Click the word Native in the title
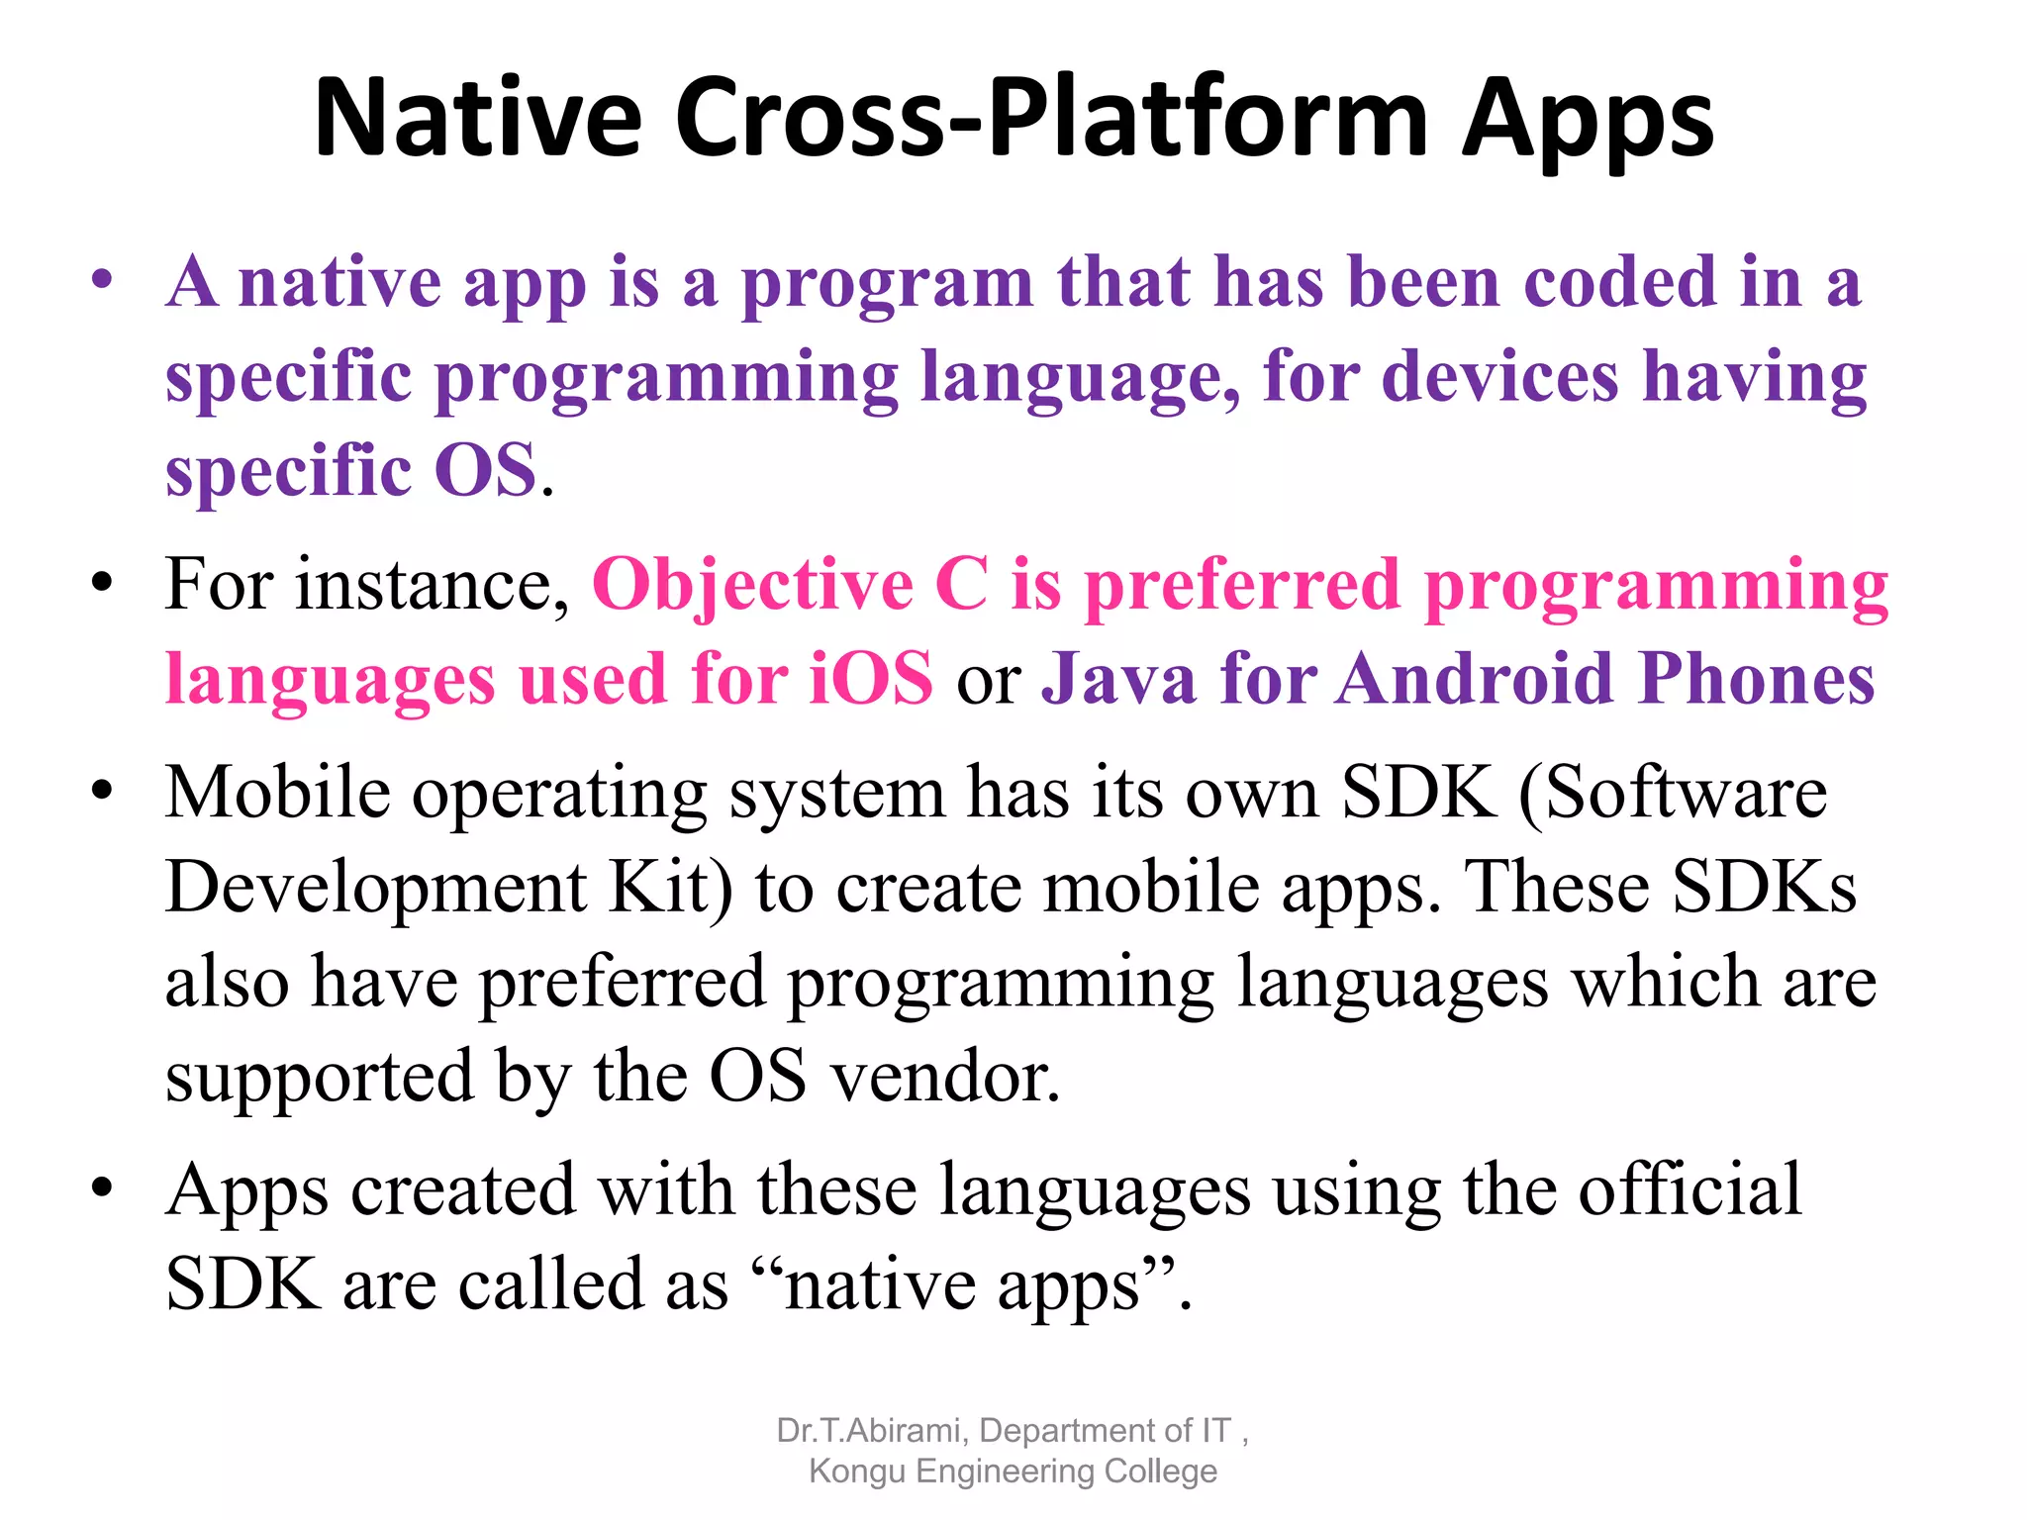point(478,119)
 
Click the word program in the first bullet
point(887,285)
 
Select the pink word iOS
point(870,679)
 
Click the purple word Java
point(1118,679)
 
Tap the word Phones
point(1756,679)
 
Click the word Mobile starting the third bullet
point(277,793)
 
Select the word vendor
point(944,1077)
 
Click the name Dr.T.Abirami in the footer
point(869,1431)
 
